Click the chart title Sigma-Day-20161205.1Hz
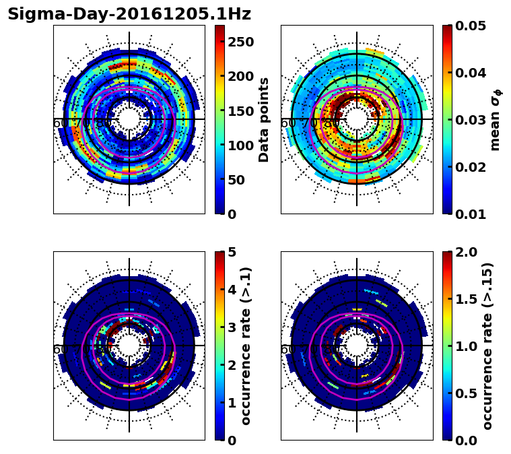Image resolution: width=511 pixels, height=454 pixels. click(129, 14)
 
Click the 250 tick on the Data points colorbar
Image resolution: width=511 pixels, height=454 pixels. click(240, 42)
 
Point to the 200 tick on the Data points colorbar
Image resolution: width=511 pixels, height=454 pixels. click(240, 76)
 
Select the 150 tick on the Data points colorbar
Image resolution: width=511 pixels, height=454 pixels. click(240, 111)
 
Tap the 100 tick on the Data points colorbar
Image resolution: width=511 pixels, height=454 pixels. click(240, 145)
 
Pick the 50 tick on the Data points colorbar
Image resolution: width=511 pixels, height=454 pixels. click(236, 180)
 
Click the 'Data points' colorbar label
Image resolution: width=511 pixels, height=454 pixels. click(264, 119)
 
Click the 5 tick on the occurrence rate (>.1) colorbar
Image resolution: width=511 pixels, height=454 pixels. click(232, 252)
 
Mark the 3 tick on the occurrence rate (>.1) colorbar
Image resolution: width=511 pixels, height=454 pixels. click(232, 327)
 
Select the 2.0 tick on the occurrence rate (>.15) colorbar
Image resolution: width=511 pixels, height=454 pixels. click(464, 252)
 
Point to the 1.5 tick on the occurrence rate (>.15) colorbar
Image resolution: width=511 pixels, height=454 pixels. click(464, 299)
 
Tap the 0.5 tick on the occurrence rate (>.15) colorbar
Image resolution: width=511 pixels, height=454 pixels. click(464, 393)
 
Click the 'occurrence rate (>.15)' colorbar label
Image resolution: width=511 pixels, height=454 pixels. click(487, 346)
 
